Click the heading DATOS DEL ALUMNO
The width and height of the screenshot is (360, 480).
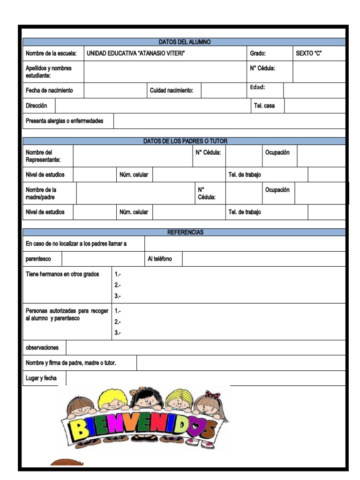[184, 42]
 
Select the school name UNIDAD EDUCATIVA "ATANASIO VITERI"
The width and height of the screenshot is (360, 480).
[135, 53]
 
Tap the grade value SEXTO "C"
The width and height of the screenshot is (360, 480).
[308, 53]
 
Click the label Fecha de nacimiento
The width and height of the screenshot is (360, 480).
[49, 90]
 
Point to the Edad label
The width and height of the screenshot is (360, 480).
[257, 87]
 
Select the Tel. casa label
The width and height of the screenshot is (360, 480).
[264, 106]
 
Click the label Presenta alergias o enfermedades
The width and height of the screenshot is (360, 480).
[64, 121]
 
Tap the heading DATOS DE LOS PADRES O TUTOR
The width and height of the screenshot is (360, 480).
[185, 141]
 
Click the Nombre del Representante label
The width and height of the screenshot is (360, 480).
[43, 156]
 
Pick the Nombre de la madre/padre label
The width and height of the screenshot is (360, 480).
[41, 194]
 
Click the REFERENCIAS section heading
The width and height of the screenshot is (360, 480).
[185, 232]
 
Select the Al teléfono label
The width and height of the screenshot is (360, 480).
[159, 259]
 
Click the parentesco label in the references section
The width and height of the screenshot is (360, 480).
[38, 259]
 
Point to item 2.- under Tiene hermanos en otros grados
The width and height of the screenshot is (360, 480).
[118, 285]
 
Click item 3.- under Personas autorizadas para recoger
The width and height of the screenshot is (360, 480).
[118, 333]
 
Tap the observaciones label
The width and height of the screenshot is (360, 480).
[42, 348]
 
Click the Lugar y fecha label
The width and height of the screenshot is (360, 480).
[41, 378]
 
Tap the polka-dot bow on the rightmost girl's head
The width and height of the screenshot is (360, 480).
[212, 395]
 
